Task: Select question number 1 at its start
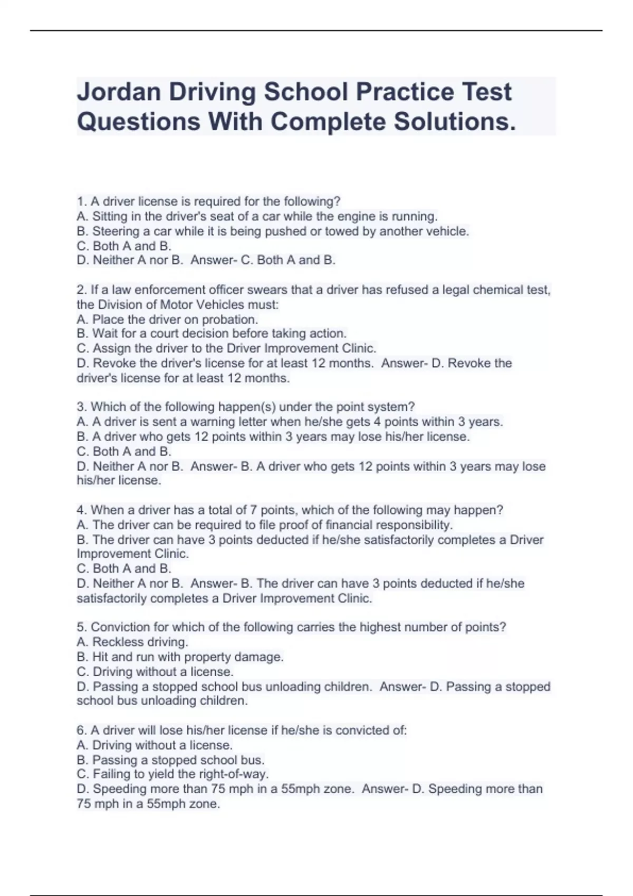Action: [81, 201]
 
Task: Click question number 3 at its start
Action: [81, 407]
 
